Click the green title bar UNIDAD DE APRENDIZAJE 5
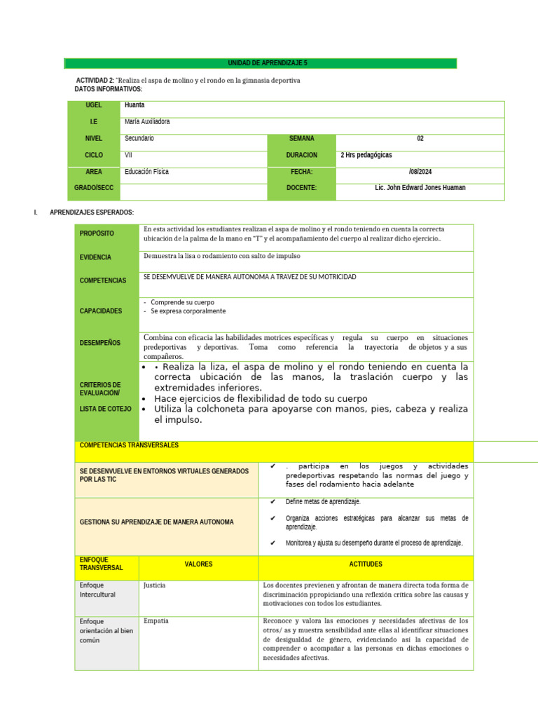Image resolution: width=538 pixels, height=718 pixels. tap(260, 63)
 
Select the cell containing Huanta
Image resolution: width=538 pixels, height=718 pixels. tap(134, 105)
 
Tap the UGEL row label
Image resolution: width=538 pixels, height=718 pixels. tap(94, 105)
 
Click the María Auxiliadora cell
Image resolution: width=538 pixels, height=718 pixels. tap(147, 122)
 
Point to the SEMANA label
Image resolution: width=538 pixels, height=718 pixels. tap(302, 139)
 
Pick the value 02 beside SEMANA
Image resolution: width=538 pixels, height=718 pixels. tap(420, 139)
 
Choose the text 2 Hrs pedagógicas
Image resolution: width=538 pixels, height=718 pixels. tap(366, 155)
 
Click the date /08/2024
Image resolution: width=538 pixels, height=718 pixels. tap(420, 172)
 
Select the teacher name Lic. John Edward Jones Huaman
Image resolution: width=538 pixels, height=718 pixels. tap(420, 188)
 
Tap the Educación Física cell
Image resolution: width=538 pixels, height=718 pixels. tap(146, 172)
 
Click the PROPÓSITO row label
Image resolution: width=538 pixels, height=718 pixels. tap(97, 233)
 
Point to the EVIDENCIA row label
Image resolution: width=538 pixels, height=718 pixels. tap(95, 257)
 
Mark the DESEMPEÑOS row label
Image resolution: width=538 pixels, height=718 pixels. tap(100, 343)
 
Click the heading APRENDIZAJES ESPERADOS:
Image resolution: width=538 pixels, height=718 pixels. tap(92, 212)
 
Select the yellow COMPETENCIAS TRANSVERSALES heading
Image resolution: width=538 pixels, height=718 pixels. tap(130, 445)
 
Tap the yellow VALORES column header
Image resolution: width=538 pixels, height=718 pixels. tap(198, 564)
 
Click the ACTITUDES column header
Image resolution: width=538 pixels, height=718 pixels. tap(366, 564)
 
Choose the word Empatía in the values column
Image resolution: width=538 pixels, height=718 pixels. tap(156, 621)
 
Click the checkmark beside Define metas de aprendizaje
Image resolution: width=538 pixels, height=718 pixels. tap(273, 502)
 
